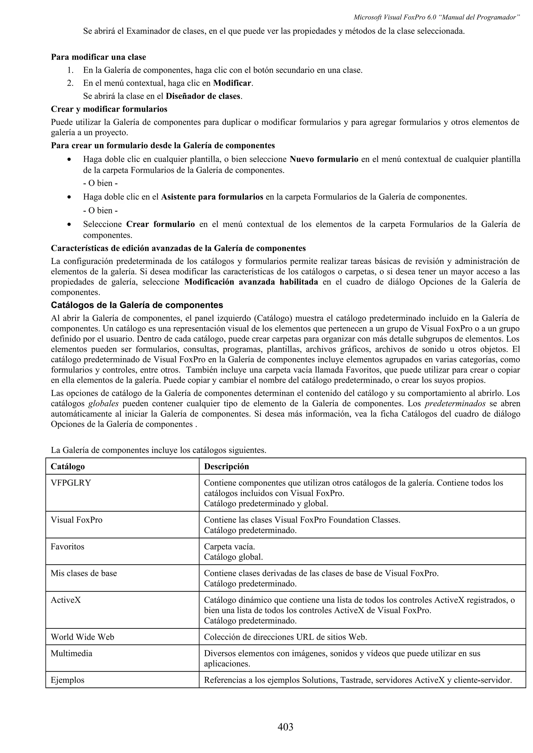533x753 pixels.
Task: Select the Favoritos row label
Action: pyautogui.click(x=67, y=546)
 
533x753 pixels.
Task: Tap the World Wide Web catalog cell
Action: pyautogui.click(x=83, y=637)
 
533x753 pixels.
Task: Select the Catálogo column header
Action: pyautogui.click(x=68, y=466)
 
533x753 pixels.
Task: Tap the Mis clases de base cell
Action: pyautogui.click(x=84, y=573)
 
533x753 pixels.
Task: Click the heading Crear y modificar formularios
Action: pyautogui.click(x=109, y=109)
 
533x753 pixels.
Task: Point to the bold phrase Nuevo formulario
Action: pyautogui.click(x=324, y=159)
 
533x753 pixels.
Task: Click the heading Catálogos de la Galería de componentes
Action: pyautogui.click(x=137, y=305)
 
